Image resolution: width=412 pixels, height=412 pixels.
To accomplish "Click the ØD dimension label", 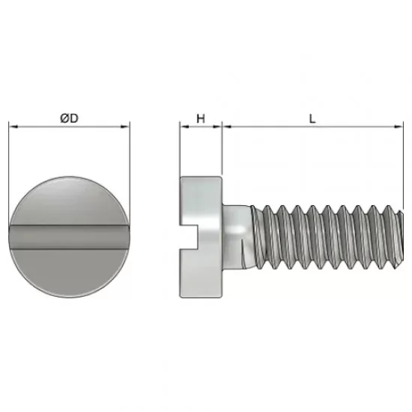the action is click(x=69, y=118).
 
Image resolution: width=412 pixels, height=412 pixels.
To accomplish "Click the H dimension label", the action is click(x=201, y=119).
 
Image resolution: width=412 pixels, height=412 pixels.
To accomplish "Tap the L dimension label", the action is click(x=312, y=119).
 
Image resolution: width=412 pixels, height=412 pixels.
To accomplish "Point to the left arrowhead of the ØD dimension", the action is click(x=13, y=127).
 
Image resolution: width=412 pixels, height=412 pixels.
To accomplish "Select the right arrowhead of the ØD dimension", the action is click(x=125, y=127).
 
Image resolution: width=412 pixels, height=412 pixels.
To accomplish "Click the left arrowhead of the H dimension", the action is click(x=185, y=127).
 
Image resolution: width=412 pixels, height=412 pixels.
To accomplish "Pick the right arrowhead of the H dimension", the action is click(x=217, y=127).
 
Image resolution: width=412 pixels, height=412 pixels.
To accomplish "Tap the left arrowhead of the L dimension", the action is click(x=227, y=127).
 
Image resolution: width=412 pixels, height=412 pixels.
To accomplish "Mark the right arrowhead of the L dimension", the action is click(x=399, y=127).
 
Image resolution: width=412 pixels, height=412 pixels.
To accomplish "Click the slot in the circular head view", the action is click(x=70, y=237).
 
